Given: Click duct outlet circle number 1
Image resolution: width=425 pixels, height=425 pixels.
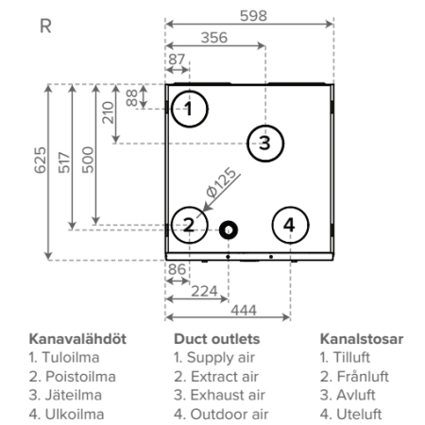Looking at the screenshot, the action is (x=190, y=91).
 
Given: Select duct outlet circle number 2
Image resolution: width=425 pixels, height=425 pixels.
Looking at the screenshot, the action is (x=190, y=207).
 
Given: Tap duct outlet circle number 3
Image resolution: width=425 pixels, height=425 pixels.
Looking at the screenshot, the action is (x=265, y=126).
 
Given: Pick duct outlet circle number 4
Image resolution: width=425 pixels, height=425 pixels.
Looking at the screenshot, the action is (x=290, y=207).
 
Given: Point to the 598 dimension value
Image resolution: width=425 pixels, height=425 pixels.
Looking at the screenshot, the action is (x=253, y=16).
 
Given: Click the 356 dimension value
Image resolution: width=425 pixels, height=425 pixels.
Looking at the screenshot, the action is (x=214, y=38).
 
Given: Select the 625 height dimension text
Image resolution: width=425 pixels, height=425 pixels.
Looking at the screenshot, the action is (x=41, y=160).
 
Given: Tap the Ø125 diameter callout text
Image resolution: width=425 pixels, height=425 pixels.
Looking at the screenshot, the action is (x=221, y=183).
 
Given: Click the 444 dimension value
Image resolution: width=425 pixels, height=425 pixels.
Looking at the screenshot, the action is (x=244, y=311).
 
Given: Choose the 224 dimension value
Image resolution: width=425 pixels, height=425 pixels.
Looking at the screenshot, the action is (x=204, y=291).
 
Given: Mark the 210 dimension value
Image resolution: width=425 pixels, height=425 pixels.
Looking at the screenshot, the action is (x=108, y=112).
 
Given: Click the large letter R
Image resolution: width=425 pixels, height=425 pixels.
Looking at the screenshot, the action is (x=45, y=26).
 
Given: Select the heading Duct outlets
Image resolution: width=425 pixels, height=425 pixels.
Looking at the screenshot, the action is (x=217, y=339).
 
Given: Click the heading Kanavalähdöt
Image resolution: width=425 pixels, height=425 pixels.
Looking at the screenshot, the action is (x=77, y=339).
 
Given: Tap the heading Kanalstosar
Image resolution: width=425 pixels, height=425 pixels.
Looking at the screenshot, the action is (x=362, y=339).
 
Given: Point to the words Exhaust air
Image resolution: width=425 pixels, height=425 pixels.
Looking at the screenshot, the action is (x=228, y=395).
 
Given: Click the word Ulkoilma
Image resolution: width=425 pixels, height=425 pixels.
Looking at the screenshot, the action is (x=75, y=415).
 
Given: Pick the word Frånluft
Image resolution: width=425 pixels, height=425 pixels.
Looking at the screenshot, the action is (x=363, y=377).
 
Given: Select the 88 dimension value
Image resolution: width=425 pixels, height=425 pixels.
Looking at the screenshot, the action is (x=132, y=98).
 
